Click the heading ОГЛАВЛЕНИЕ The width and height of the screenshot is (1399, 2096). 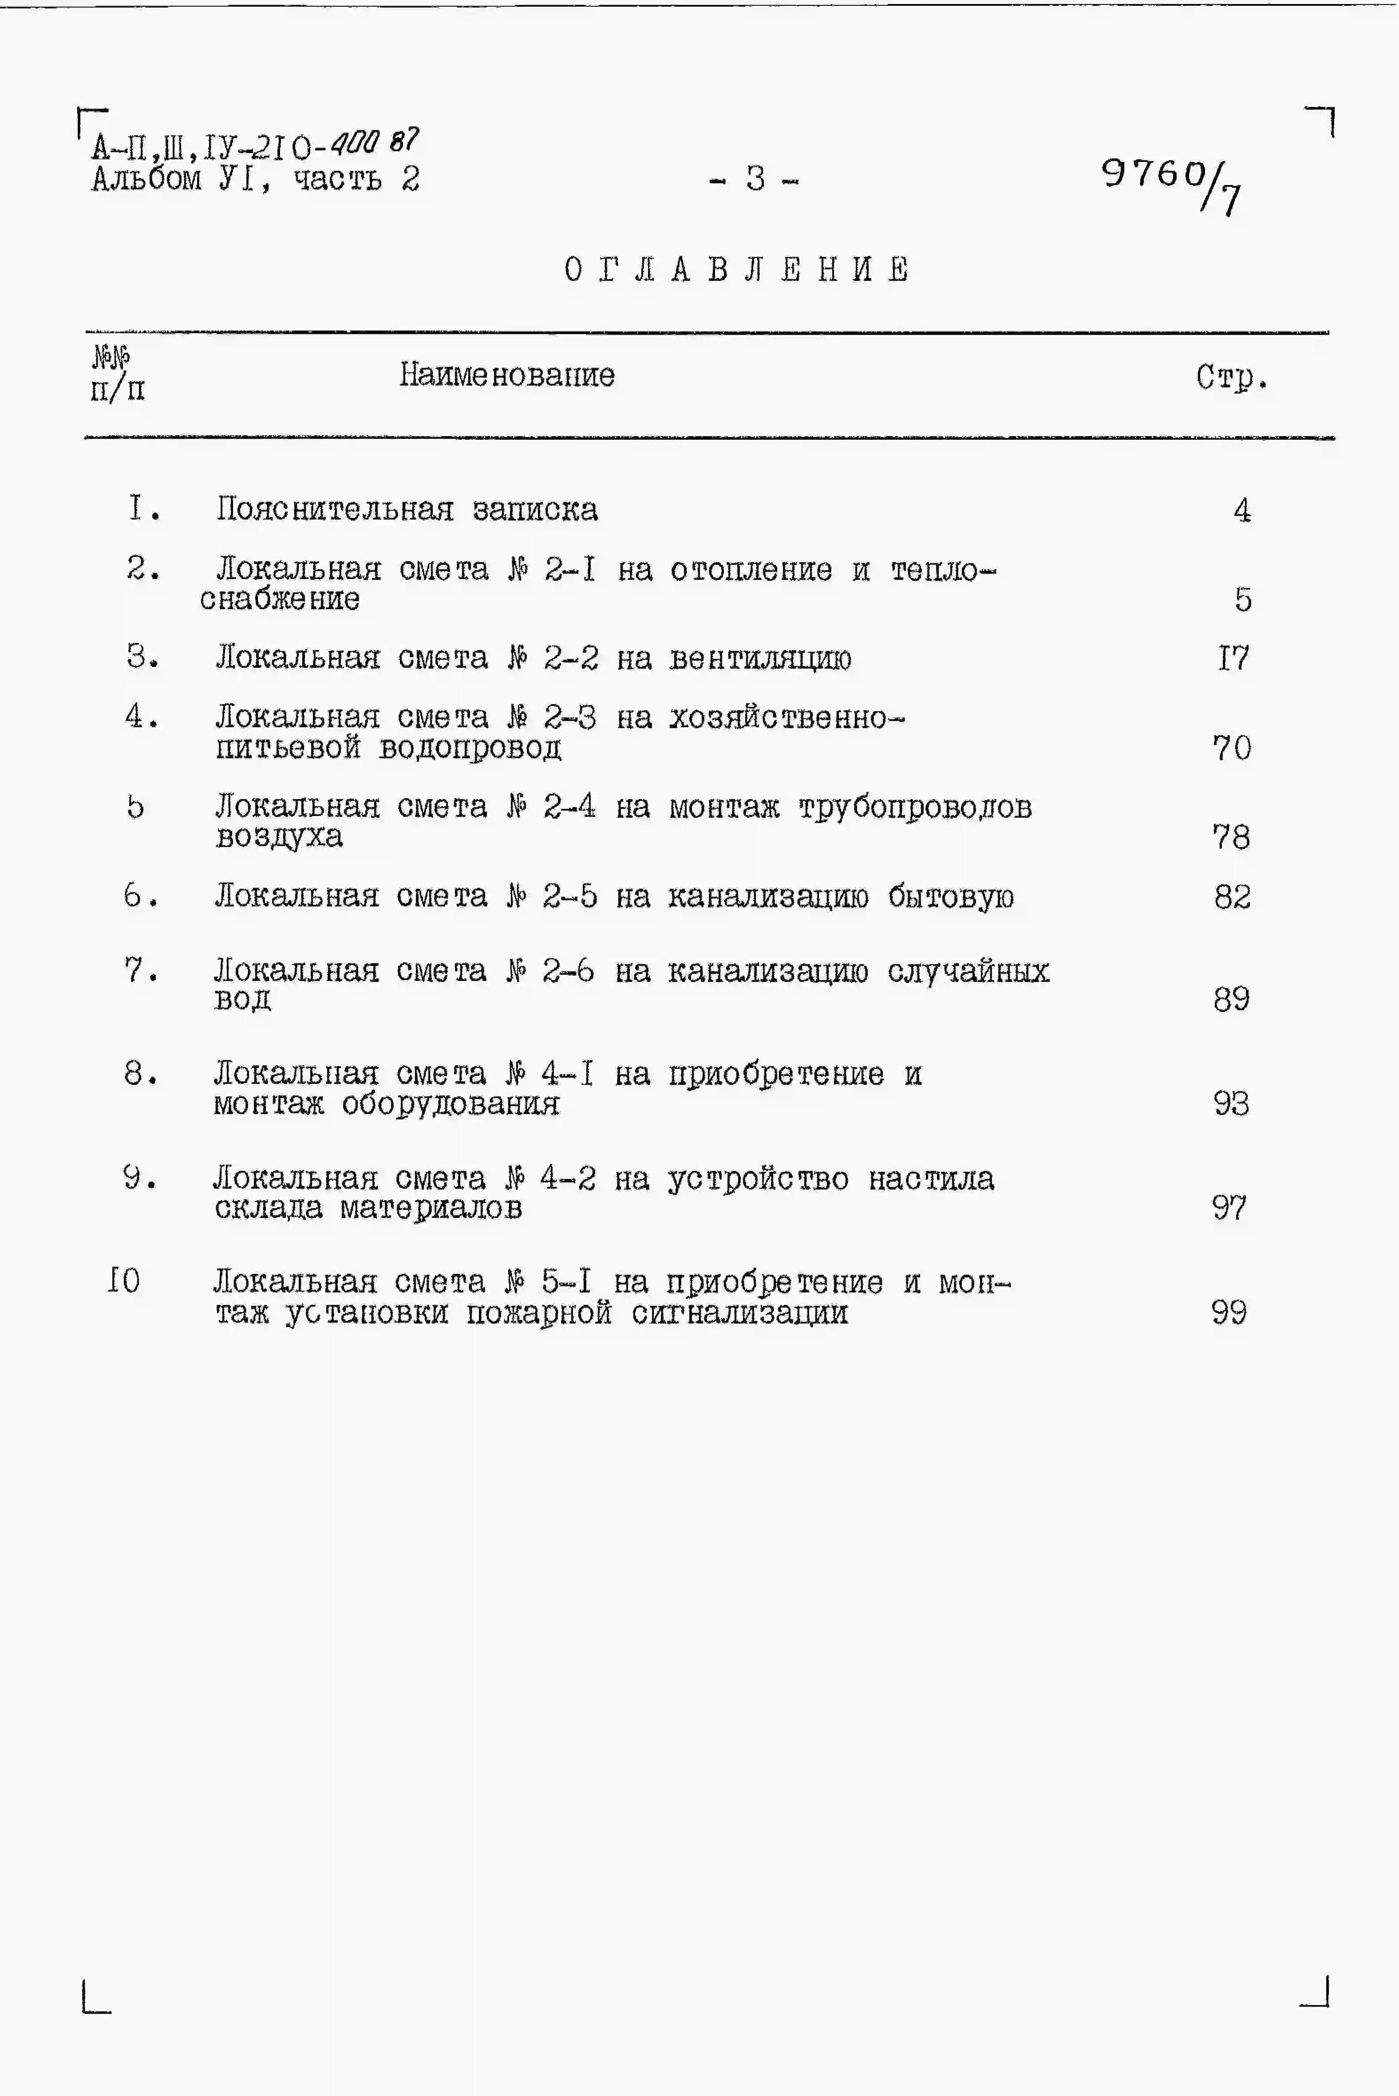[737, 269]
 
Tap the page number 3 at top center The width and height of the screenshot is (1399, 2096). [755, 179]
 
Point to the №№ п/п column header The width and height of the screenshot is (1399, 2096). [116, 374]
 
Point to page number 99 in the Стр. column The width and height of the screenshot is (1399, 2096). [1229, 1313]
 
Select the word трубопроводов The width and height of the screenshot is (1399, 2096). [914, 807]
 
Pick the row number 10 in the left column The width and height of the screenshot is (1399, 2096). [123, 1282]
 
